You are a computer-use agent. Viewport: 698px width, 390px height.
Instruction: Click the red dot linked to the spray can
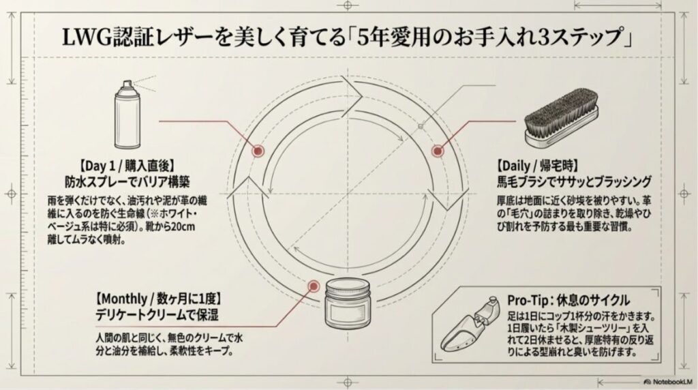coord(258,151)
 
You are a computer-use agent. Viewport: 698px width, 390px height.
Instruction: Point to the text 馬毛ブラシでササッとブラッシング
coord(574,182)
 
